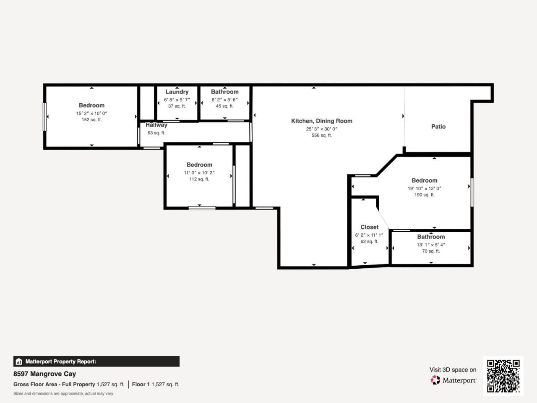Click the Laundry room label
coord(177,92)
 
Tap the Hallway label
coord(156,125)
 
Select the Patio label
coord(438,126)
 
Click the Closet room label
coord(369,227)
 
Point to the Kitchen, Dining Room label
coord(322,121)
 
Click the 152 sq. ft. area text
coord(91,120)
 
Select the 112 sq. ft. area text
coord(199,179)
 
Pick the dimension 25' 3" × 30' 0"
coord(322,129)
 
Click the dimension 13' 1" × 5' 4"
coord(431,245)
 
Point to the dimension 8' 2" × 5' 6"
coord(224,100)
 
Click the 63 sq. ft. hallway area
coord(156,133)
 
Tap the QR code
coord(503,376)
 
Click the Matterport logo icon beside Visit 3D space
coord(435,380)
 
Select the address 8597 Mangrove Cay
coord(44,374)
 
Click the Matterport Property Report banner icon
coord(18,361)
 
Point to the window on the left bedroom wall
coord(45,117)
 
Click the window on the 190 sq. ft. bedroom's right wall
coord(472,192)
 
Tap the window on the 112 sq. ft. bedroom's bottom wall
coord(202,208)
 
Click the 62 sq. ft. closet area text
coord(369,242)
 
